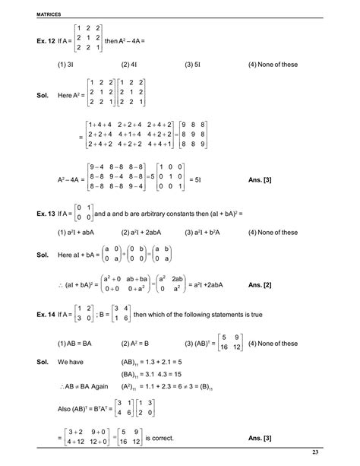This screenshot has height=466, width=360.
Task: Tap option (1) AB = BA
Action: [75, 342]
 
